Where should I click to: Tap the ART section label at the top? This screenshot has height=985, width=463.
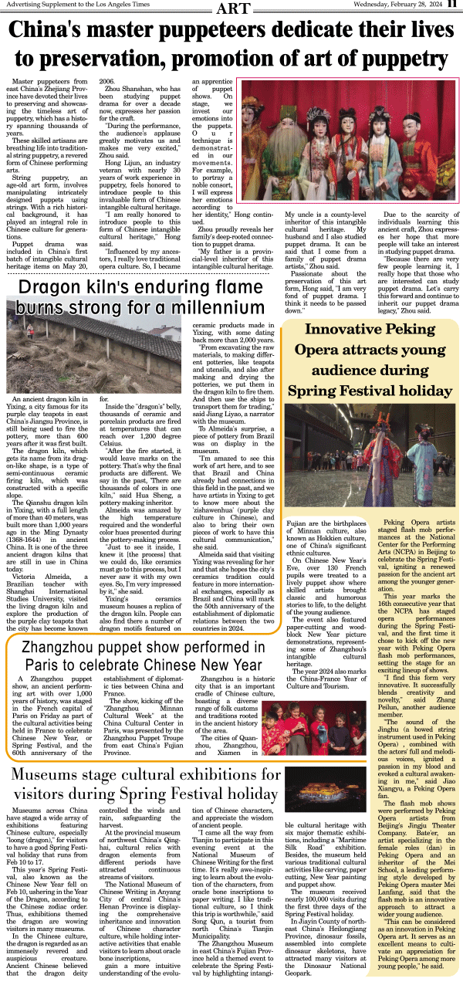pos(231,8)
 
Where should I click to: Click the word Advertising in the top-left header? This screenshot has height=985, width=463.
pos(26,6)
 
